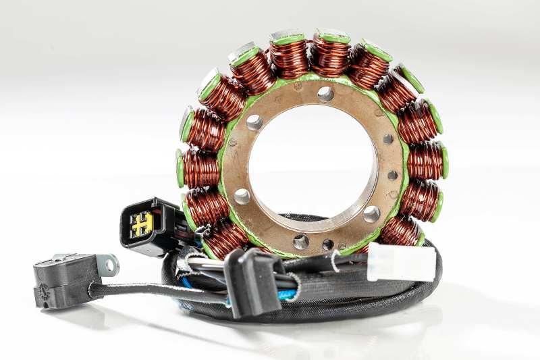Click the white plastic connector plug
[400, 261]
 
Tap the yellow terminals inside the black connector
[142, 224]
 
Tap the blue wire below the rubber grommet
[286, 295]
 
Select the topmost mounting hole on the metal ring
[325, 94]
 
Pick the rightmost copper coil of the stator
[424, 161]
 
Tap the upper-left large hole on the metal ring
[254, 122]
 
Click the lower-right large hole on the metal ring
[371, 214]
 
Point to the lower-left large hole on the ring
[242, 197]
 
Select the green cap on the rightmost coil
[444, 161]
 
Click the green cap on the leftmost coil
[180, 168]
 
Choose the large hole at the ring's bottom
[301, 241]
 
